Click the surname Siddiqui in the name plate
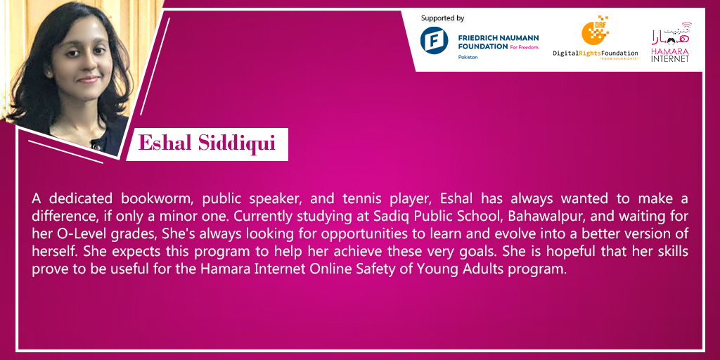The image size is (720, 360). click(236, 143)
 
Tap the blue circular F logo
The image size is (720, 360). click(434, 40)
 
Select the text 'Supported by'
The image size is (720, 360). click(443, 18)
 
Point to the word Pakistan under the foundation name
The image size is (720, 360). click(468, 57)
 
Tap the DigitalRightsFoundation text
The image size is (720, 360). click(596, 53)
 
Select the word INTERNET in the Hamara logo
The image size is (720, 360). click(670, 59)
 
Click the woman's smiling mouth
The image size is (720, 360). click(88, 80)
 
